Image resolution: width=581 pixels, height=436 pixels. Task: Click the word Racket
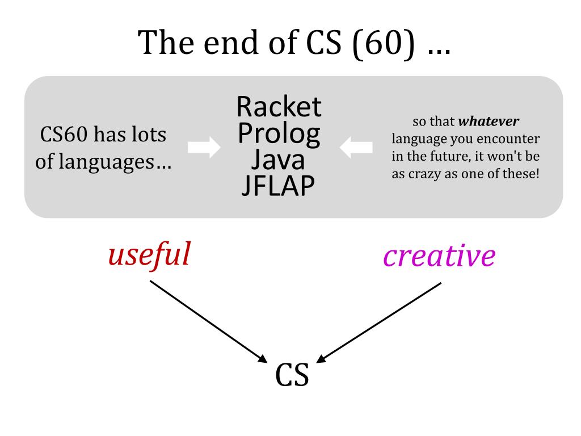click(279, 106)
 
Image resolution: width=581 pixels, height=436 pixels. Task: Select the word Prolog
click(279, 133)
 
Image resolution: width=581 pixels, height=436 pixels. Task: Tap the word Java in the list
click(278, 160)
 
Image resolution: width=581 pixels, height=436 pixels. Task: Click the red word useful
click(149, 254)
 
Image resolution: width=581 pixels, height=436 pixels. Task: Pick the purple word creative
click(439, 256)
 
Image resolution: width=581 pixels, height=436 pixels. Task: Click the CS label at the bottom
click(292, 375)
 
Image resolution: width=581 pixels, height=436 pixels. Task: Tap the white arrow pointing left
click(356, 148)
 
